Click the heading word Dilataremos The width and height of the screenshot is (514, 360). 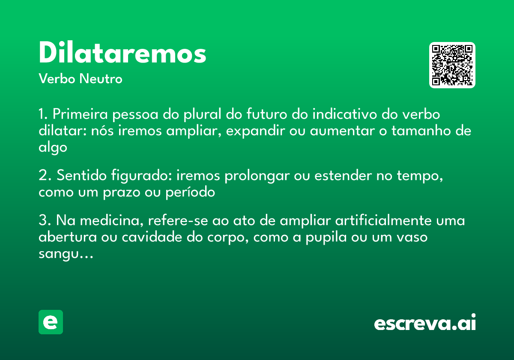pyautogui.click(x=123, y=54)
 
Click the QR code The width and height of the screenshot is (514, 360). pyautogui.click(x=452, y=65)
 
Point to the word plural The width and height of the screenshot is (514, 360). pyautogui.click(x=204, y=115)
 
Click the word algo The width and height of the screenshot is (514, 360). pyautogui.click(x=53, y=147)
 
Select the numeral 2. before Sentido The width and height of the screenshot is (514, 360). pyautogui.click(x=45, y=176)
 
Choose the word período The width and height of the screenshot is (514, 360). pyautogui.click(x=190, y=192)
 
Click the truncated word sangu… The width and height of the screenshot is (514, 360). pyautogui.click(x=65, y=254)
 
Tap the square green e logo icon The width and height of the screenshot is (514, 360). pyautogui.click(x=51, y=322)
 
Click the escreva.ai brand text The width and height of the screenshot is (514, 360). pyautogui.click(x=425, y=323)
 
